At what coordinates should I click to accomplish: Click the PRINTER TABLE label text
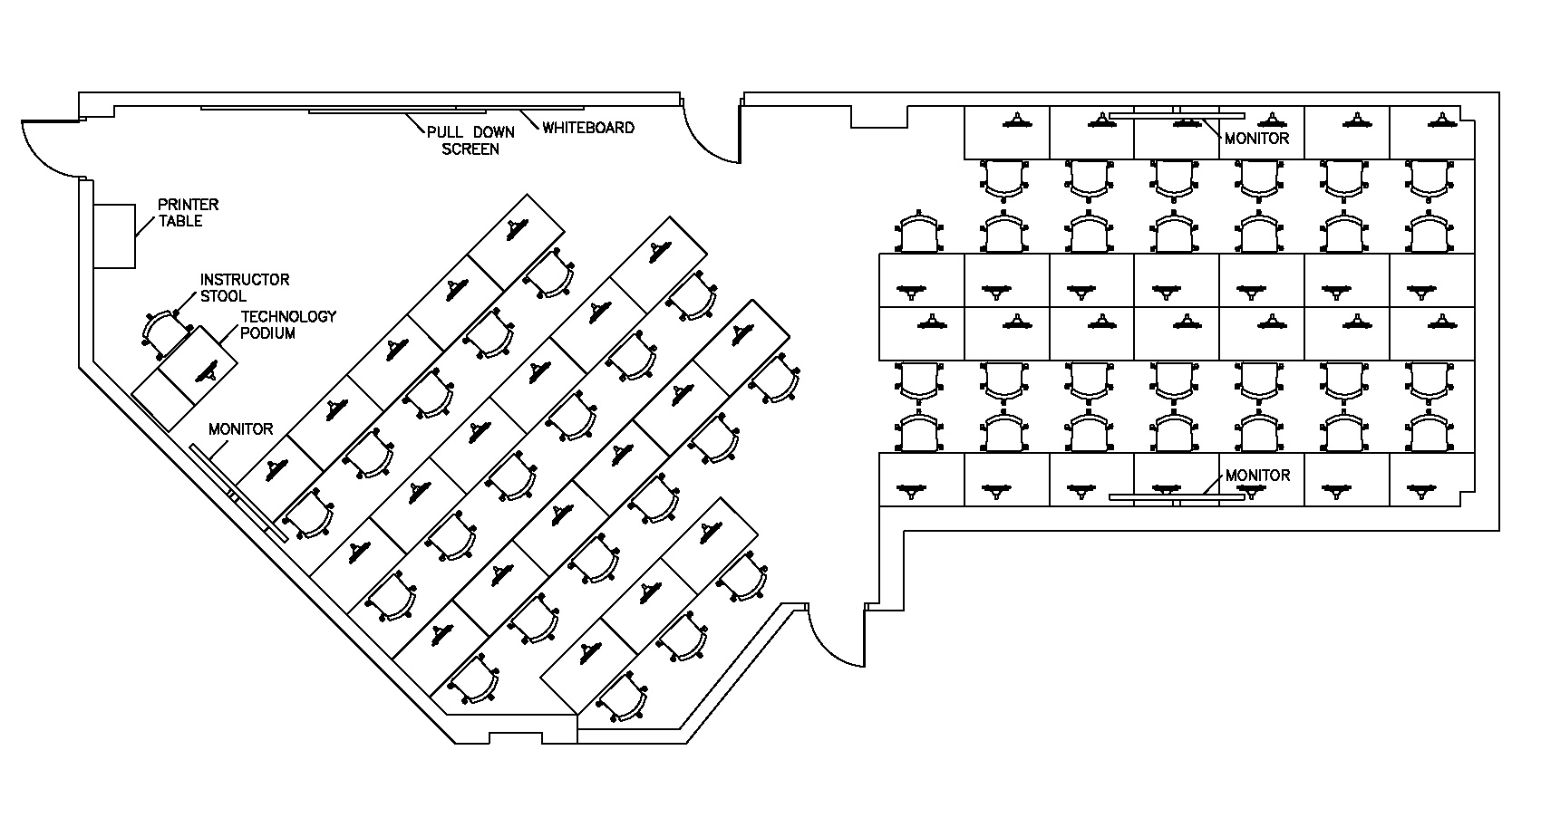(x=189, y=213)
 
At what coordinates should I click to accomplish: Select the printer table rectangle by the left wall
(x=114, y=236)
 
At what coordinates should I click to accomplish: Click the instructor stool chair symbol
(x=162, y=332)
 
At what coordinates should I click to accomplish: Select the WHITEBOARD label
(x=588, y=128)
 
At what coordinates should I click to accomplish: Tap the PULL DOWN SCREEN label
(x=470, y=140)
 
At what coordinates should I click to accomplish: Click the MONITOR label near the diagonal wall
(x=240, y=428)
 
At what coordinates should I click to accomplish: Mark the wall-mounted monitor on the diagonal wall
(x=238, y=494)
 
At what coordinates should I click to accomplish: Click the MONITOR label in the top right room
(x=1256, y=139)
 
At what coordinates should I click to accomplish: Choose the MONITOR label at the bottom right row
(x=1257, y=475)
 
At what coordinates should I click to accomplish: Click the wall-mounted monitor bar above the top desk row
(x=1177, y=115)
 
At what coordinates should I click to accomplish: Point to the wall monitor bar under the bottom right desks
(x=1177, y=497)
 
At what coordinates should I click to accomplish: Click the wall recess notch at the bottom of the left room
(x=516, y=737)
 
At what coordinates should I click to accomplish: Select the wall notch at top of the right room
(x=878, y=117)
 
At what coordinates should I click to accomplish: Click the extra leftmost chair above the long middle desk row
(x=919, y=234)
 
